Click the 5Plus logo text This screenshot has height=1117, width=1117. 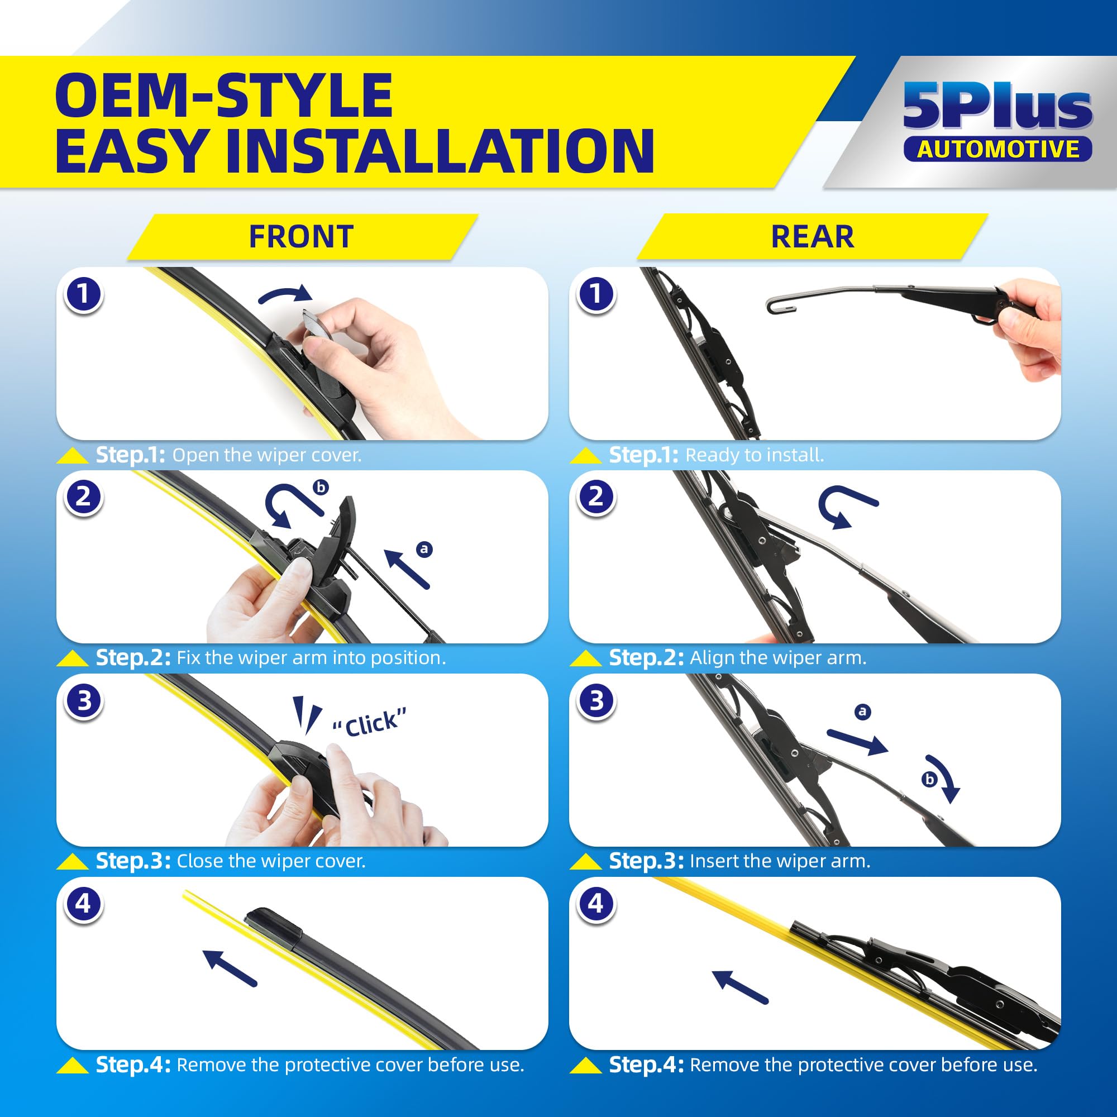(x=997, y=106)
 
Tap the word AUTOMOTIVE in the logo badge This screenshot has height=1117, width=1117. (x=998, y=149)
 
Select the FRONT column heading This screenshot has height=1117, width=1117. (x=301, y=236)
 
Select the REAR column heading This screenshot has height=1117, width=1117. (x=812, y=236)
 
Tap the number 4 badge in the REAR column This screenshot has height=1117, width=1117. (x=596, y=904)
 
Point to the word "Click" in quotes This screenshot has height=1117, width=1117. (x=370, y=722)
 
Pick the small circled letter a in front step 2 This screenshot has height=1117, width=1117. (x=424, y=548)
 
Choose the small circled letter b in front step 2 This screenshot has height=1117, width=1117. (x=321, y=487)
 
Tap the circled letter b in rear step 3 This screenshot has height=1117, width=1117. (x=929, y=779)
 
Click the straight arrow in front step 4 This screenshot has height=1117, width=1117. (x=230, y=968)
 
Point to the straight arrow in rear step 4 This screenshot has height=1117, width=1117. (x=740, y=987)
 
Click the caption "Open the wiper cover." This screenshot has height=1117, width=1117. (x=267, y=455)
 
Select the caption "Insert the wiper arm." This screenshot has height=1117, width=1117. (x=780, y=861)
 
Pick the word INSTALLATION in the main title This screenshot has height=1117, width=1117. (x=440, y=151)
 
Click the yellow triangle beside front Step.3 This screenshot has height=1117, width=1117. (x=72, y=861)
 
